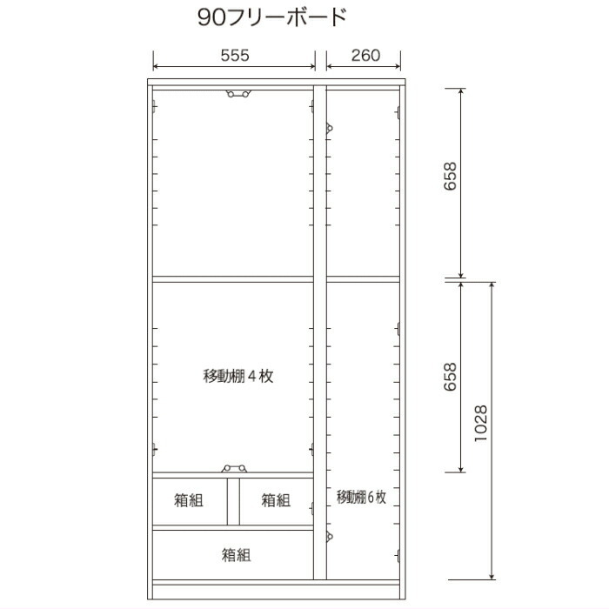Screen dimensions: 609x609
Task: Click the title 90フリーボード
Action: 272,17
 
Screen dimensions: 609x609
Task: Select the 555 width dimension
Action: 235,56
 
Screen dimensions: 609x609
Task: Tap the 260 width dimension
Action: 365,56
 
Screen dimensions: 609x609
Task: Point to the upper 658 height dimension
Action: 450,176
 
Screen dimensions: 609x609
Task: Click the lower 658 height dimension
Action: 450,377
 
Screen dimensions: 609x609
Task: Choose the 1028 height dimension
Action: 481,423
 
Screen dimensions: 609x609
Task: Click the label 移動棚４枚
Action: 238,376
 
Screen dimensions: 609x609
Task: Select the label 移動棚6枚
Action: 361,497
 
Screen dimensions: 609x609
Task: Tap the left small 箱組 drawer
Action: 189,501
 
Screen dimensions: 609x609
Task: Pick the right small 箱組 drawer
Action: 276,501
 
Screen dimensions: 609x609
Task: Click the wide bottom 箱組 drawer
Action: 233,555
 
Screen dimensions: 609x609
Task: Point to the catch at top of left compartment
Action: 238,94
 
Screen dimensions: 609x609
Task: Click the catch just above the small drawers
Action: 234,468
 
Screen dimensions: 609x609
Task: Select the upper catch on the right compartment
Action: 330,128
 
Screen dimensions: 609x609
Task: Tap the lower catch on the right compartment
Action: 330,537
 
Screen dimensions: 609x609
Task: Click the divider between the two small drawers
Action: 233,501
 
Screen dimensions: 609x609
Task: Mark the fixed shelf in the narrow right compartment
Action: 363,279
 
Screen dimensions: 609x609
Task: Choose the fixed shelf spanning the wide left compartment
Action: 233,279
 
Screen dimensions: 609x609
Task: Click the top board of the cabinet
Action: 277,83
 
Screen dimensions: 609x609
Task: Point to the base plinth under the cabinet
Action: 277,592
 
